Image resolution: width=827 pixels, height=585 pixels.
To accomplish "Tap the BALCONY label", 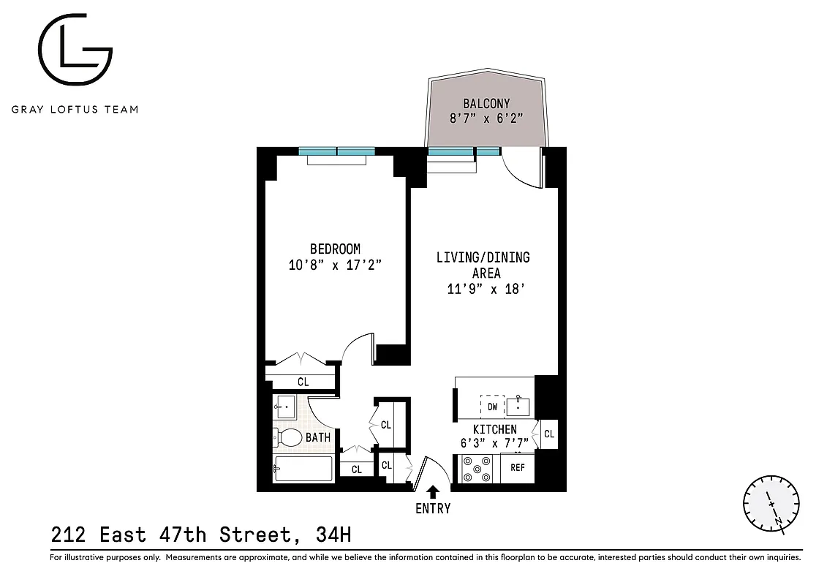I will (486, 103).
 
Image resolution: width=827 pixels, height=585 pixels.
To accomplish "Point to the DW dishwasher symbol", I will (492, 406).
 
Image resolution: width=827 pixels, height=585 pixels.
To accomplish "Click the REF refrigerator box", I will (518, 467).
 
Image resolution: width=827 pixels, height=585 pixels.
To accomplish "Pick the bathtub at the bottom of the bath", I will (303, 468).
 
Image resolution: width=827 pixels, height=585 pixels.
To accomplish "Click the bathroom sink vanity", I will (286, 406).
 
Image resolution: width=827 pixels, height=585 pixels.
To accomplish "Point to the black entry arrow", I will (433, 491).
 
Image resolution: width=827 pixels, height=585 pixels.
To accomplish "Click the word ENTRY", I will (433, 508).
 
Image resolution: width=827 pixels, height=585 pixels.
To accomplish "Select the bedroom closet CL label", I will (303, 382).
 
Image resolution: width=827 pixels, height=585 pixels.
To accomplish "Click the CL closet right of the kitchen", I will (549, 434).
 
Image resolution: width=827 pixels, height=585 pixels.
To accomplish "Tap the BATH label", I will (318, 437).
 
